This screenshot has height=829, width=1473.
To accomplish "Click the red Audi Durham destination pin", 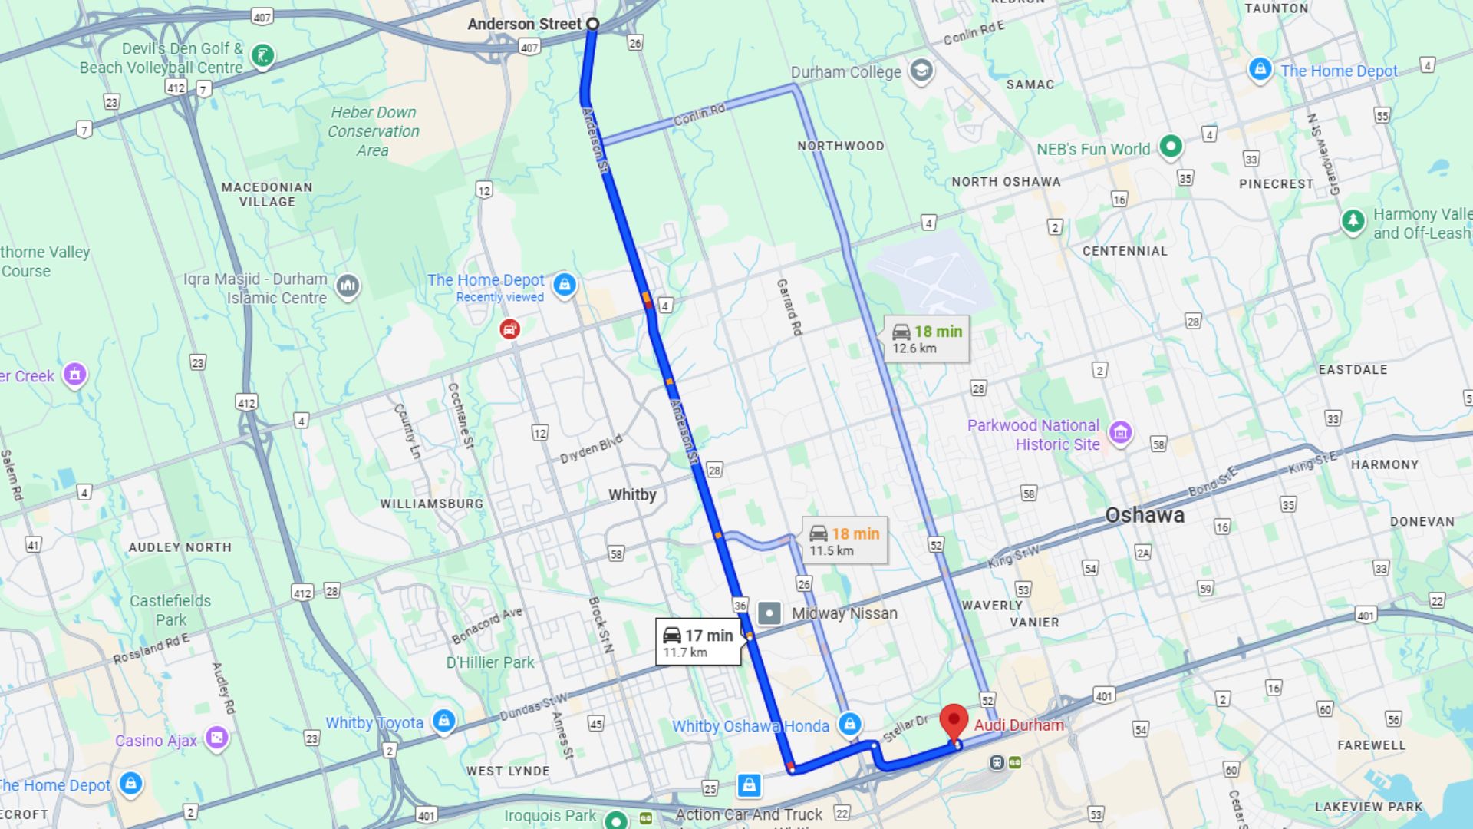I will [x=954, y=722].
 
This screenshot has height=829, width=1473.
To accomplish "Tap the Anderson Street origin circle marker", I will [x=592, y=25].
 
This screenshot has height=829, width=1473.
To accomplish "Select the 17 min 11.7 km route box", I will [x=697, y=642].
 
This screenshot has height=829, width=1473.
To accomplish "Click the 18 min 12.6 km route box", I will [x=926, y=339].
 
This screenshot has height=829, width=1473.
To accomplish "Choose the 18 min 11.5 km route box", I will [x=845, y=541].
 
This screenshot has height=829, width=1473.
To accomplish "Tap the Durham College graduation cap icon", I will [x=921, y=71].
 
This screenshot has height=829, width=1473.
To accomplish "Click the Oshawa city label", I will [x=1144, y=515].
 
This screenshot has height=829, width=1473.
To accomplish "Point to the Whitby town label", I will [x=632, y=495].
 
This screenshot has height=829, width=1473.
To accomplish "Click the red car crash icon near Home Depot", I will [x=509, y=330].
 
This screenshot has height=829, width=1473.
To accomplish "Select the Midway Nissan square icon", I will [x=769, y=613].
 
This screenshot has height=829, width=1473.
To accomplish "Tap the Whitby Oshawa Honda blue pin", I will [x=849, y=723].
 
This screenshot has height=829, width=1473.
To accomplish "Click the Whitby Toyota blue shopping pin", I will [x=443, y=721].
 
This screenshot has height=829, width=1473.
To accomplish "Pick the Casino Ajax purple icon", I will [x=217, y=738].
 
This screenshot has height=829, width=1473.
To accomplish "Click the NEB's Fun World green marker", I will [x=1170, y=146].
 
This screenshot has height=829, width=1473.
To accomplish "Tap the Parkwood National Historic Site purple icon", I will [x=1120, y=432].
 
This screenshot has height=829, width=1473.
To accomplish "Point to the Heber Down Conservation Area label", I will [x=373, y=131].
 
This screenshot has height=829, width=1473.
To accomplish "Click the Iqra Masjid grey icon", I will [x=348, y=287].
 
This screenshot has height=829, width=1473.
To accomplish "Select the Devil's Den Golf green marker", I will [x=262, y=55].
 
